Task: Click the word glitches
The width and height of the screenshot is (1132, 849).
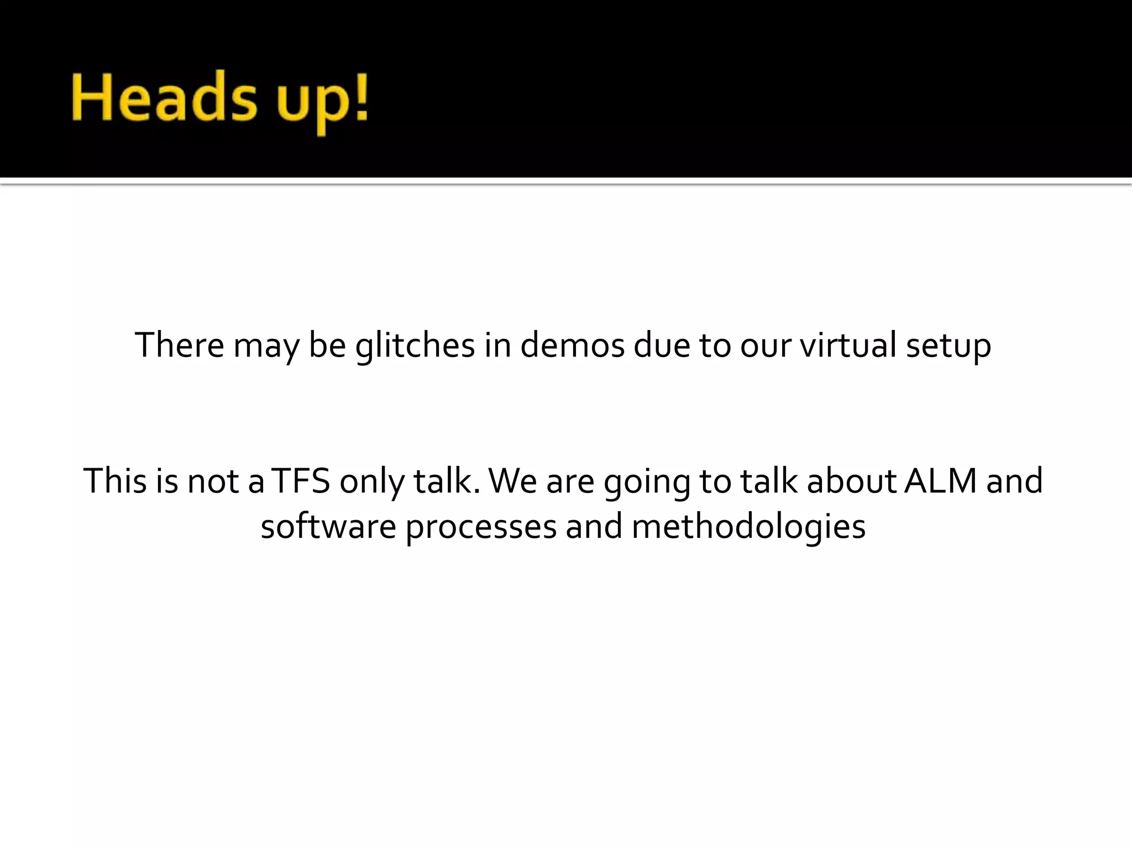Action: pos(415,345)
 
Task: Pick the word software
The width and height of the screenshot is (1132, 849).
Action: pos(328,526)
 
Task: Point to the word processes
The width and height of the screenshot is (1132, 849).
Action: pos(481,527)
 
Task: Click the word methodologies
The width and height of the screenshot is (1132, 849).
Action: pos(748,527)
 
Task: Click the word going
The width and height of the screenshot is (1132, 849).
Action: pos(647,481)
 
